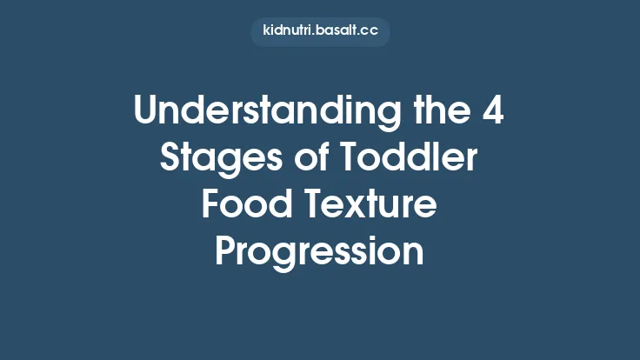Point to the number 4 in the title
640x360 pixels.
[490, 114]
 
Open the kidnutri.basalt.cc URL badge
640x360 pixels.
[320, 32]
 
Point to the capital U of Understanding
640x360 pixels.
[145, 114]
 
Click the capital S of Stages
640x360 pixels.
[170, 161]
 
